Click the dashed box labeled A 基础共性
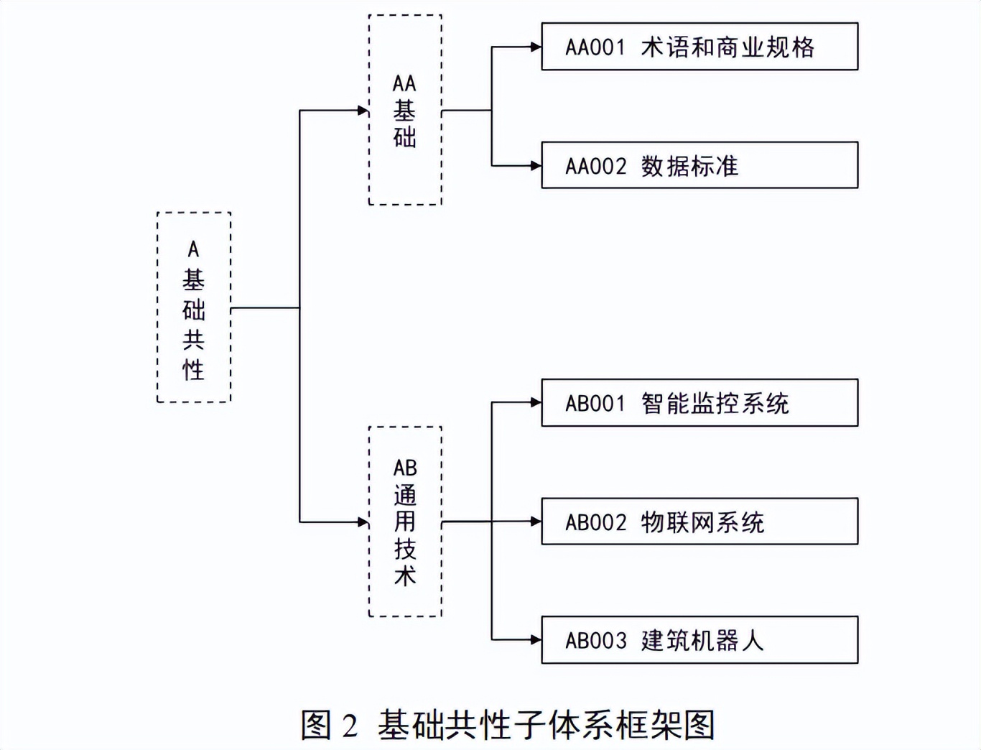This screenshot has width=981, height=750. pyautogui.click(x=194, y=307)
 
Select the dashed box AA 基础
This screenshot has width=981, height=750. pyautogui.click(x=405, y=110)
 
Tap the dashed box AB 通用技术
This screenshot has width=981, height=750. pyautogui.click(x=405, y=522)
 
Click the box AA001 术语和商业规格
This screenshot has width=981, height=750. pyautogui.click(x=699, y=47)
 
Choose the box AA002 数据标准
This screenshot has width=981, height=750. pyautogui.click(x=699, y=165)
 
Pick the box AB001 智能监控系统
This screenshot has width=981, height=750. pyautogui.click(x=699, y=403)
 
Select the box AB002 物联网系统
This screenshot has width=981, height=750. pyautogui.click(x=699, y=522)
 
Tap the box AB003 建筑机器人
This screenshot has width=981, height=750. pyautogui.click(x=699, y=640)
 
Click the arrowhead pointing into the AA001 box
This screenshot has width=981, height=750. pyautogui.click(x=536, y=47)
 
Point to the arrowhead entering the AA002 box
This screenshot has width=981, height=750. pyautogui.click(x=536, y=165)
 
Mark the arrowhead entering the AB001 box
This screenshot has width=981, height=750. pyautogui.click(x=536, y=402)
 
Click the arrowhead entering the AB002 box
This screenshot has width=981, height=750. pyautogui.click(x=536, y=522)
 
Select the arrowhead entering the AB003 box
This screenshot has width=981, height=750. pyautogui.click(x=536, y=639)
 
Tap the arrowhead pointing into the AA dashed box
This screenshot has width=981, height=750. pyautogui.click(x=363, y=110)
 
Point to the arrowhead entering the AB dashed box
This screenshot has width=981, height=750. pyautogui.click(x=363, y=522)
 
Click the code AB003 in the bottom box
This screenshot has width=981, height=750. pyautogui.click(x=596, y=641)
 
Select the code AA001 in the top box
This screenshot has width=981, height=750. pyautogui.click(x=595, y=47)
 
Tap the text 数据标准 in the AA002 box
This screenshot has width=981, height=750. pyautogui.click(x=689, y=166)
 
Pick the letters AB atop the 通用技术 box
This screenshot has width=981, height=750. pyautogui.click(x=405, y=468)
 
